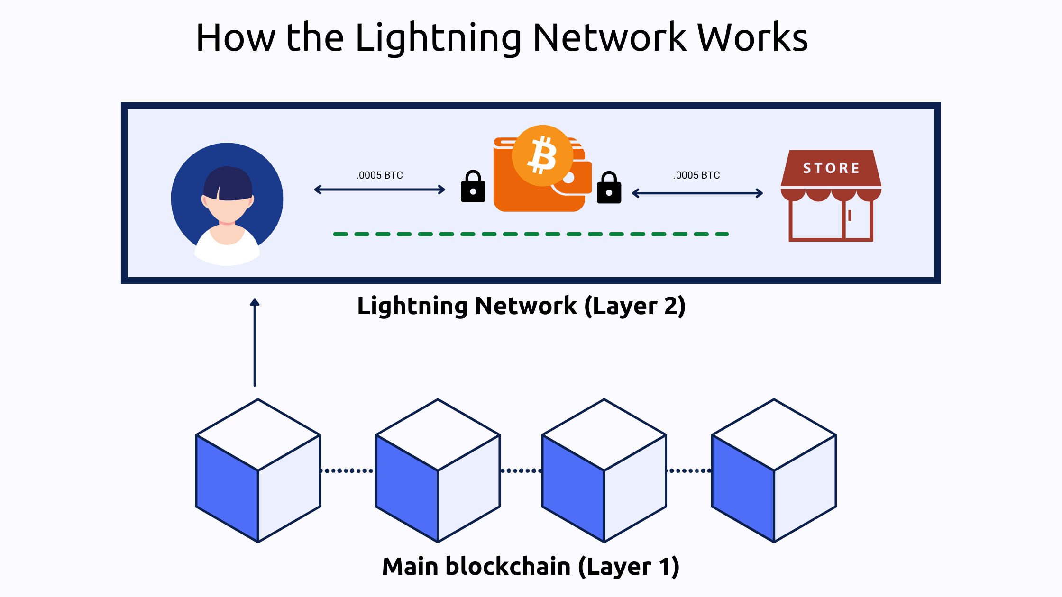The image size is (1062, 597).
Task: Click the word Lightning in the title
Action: [439, 38]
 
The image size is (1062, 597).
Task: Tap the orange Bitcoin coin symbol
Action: [543, 155]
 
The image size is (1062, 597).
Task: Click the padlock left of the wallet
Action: [473, 187]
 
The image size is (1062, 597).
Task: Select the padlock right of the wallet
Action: [609, 188]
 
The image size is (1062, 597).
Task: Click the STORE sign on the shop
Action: [831, 168]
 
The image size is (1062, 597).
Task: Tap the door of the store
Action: [857, 220]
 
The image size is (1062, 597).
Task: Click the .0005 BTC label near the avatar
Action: [380, 175]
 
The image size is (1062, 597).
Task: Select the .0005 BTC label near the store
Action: [696, 175]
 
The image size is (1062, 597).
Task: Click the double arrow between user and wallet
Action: [379, 190]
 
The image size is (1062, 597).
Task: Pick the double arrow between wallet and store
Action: [697, 193]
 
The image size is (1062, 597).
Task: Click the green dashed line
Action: [531, 234]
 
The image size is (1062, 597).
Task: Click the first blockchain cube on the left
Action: [258, 470]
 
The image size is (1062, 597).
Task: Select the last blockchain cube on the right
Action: [774, 470]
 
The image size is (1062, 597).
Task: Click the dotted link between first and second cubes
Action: [348, 471]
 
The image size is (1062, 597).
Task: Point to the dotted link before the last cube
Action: [689, 471]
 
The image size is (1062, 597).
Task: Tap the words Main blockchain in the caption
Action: [476, 567]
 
